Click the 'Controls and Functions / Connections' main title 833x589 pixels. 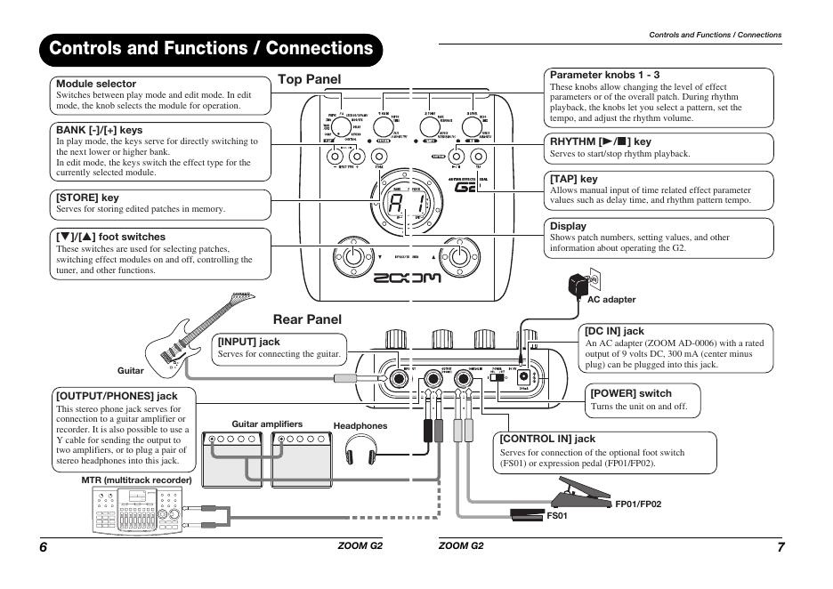tap(211, 48)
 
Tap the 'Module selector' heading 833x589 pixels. tap(94, 84)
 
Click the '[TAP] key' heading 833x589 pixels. tap(574, 179)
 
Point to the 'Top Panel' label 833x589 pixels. tap(309, 79)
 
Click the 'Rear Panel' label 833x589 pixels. tap(307, 319)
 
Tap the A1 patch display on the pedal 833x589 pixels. tap(407, 205)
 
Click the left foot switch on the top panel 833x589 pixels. tap(354, 258)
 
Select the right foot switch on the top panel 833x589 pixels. tap(459, 258)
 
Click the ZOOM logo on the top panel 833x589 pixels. tap(407, 278)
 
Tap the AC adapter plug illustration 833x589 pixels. tap(578, 284)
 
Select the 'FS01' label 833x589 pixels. tap(557, 515)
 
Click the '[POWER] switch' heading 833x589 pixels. tap(631, 393)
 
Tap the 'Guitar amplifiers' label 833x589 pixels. tap(267, 424)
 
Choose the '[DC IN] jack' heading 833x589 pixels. tap(614, 331)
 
